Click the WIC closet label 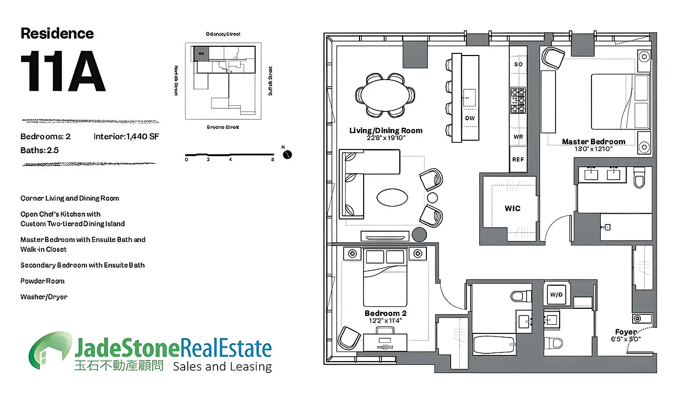pos(512,208)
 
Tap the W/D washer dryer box pos(556,294)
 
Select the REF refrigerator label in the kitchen pos(517,159)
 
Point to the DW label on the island pos(470,118)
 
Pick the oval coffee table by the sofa pos(393,197)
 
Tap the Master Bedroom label pos(594,141)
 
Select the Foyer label pos(625,332)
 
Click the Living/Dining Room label pos(386,130)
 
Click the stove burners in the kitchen pos(517,100)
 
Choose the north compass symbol pos(288,154)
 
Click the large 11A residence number pos(63,72)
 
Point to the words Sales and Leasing pos(222,366)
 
